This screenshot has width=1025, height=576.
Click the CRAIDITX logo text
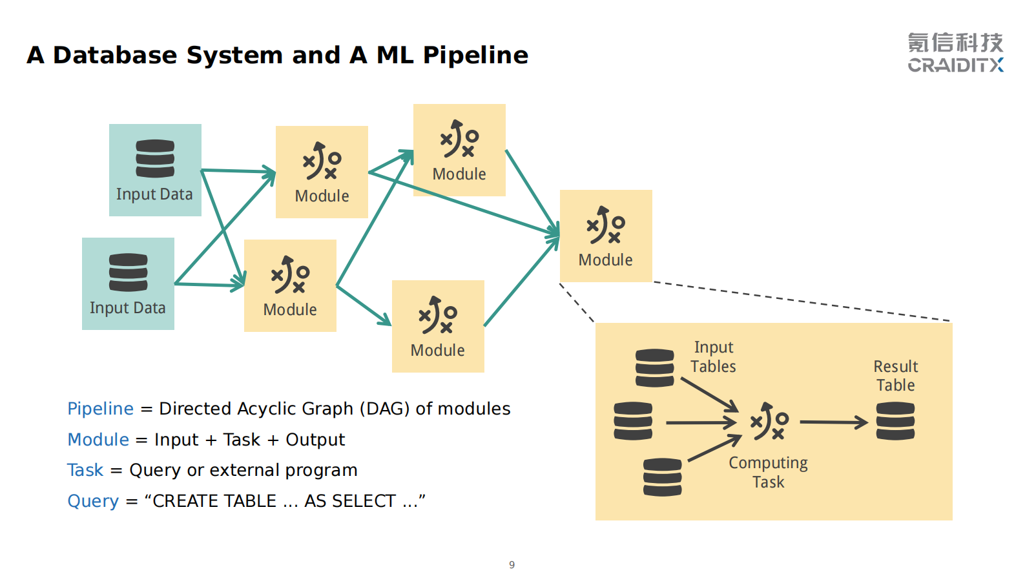[955, 65]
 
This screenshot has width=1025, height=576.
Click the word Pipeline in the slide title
[475, 56]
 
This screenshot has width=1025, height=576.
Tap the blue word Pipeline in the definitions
[100, 409]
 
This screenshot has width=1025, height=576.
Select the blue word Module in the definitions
[98, 440]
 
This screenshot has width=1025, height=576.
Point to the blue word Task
[85, 470]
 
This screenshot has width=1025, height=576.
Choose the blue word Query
[93, 501]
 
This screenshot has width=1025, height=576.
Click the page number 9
[512, 564]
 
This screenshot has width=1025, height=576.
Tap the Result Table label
[896, 376]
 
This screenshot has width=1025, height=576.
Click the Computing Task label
[768, 473]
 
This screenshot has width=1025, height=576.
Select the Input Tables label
[713, 357]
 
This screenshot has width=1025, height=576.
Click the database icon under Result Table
[895, 421]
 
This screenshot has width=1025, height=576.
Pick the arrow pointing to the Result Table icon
[833, 422]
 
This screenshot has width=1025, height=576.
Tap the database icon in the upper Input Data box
[155, 158]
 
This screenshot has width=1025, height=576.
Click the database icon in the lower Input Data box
[128, 272]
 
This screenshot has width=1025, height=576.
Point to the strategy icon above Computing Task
[769, 422]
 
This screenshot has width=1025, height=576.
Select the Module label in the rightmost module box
[605, 260]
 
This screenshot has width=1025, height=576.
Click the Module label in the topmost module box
[459, 174]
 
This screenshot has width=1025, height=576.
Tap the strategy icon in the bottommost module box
[438, 315]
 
